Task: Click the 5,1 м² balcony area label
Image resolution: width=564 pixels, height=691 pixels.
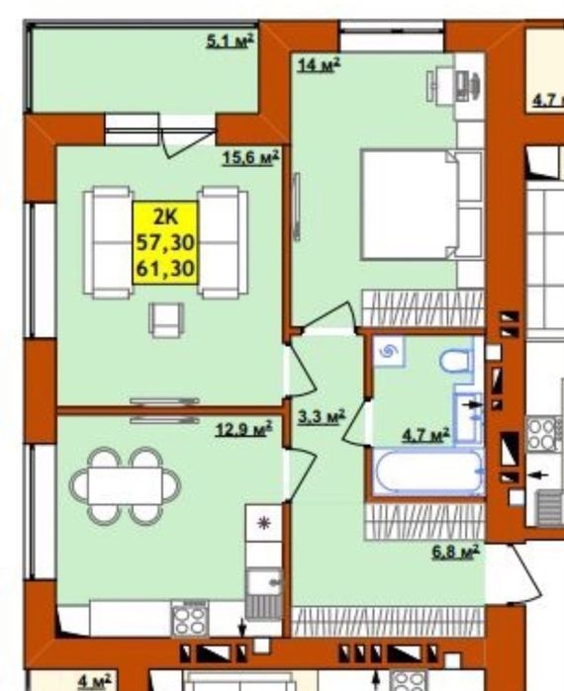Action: [231, 41]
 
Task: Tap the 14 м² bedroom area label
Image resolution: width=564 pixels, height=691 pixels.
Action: [319, 65]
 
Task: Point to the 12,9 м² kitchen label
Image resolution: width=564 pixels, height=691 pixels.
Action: [243, 428]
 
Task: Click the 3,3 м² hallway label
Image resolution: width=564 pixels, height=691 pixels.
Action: [321, 417]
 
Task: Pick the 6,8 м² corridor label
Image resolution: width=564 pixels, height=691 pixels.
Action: [455, 552]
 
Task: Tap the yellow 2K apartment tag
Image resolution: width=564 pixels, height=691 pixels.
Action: [165, 243]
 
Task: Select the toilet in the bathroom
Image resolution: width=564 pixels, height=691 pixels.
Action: [456, 362]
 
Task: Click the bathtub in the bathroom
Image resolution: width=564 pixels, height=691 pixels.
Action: [427, 471]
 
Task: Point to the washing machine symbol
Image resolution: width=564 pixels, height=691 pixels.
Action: [389, 352]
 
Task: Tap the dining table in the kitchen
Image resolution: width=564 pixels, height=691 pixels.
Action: [125, 485]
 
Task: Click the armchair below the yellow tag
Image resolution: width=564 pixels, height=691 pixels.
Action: [166, 319]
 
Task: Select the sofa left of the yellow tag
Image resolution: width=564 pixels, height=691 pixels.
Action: [109, 242]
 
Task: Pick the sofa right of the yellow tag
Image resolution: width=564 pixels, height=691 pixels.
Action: [223, 242]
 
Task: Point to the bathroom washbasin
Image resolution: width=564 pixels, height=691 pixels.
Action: [468, 416]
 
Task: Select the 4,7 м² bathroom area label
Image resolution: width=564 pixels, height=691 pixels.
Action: [425, 435]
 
